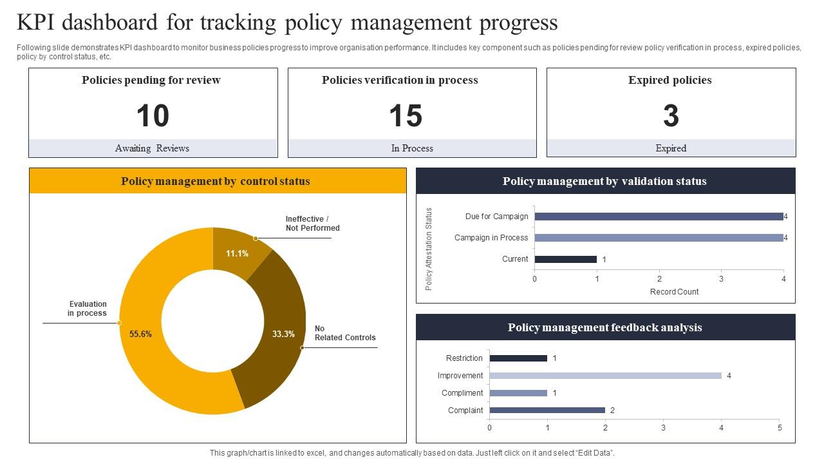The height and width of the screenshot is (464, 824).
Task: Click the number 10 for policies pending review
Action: click(153, 117)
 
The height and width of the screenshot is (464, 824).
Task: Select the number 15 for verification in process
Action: click(406, 117)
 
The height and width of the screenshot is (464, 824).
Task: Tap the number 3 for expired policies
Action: click(671, 117)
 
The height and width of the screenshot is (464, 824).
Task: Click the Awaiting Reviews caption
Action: click(152, 148)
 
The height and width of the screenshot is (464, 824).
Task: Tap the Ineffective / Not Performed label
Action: click(312, 224)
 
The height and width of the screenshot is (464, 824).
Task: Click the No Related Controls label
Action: click(344, 333)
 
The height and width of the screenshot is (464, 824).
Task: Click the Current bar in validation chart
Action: click(565, 259)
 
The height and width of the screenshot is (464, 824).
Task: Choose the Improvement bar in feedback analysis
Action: click(605, 376)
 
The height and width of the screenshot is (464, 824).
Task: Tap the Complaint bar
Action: click(547, 411)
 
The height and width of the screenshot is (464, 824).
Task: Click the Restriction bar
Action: click(518, 358)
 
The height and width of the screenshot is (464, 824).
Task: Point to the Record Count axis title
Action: click(674, 292)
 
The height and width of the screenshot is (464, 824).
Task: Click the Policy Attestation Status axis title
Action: click(429, 249)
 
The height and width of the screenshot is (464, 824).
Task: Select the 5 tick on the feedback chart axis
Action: click(780, 427)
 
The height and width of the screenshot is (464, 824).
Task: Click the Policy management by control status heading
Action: click(216, 181)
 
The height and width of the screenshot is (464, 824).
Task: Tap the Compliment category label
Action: click(462, 393)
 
